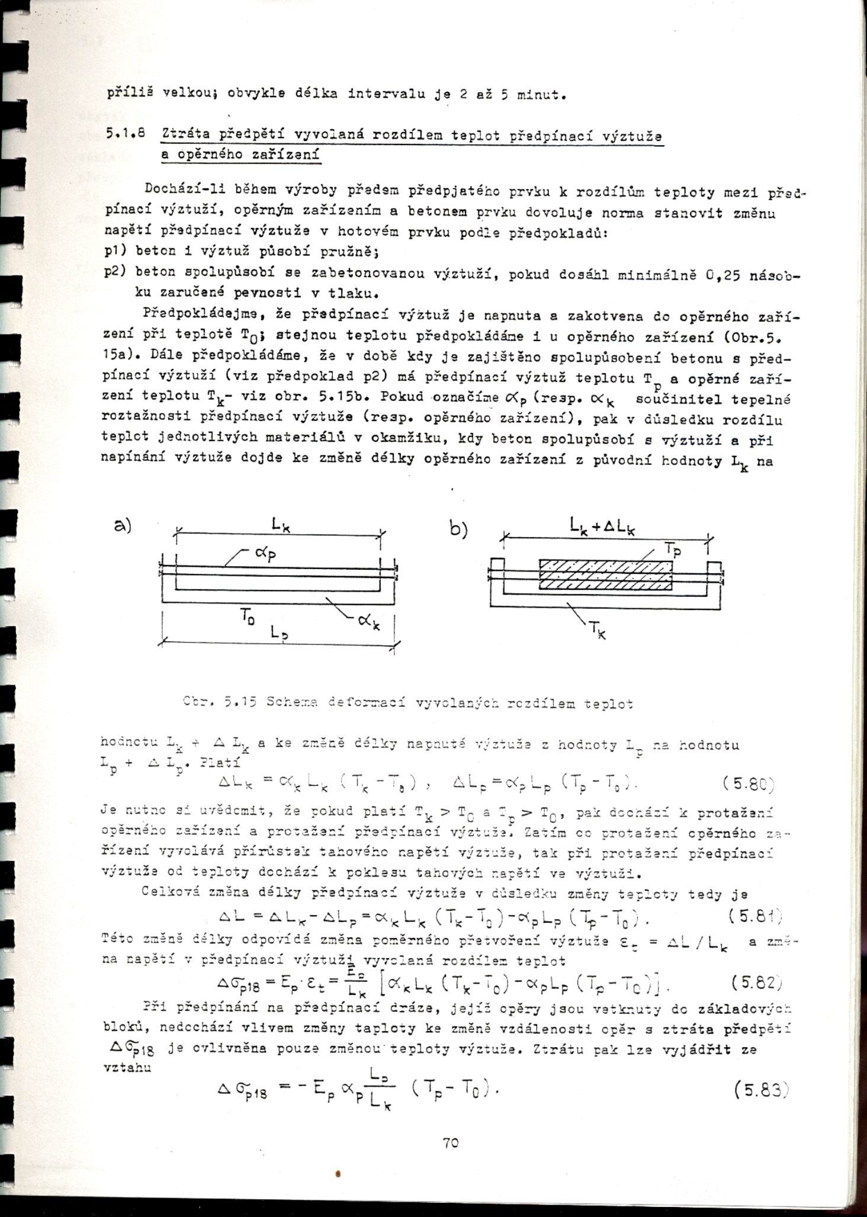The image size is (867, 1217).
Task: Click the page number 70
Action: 450,1143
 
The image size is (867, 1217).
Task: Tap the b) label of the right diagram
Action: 458,529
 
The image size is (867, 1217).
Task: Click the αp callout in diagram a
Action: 264,554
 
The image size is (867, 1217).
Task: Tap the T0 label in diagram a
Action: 245,617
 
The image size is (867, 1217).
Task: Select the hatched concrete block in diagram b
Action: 605,574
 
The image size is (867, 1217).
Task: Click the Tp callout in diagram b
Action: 672,550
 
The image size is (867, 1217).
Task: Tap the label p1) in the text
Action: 113,251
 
